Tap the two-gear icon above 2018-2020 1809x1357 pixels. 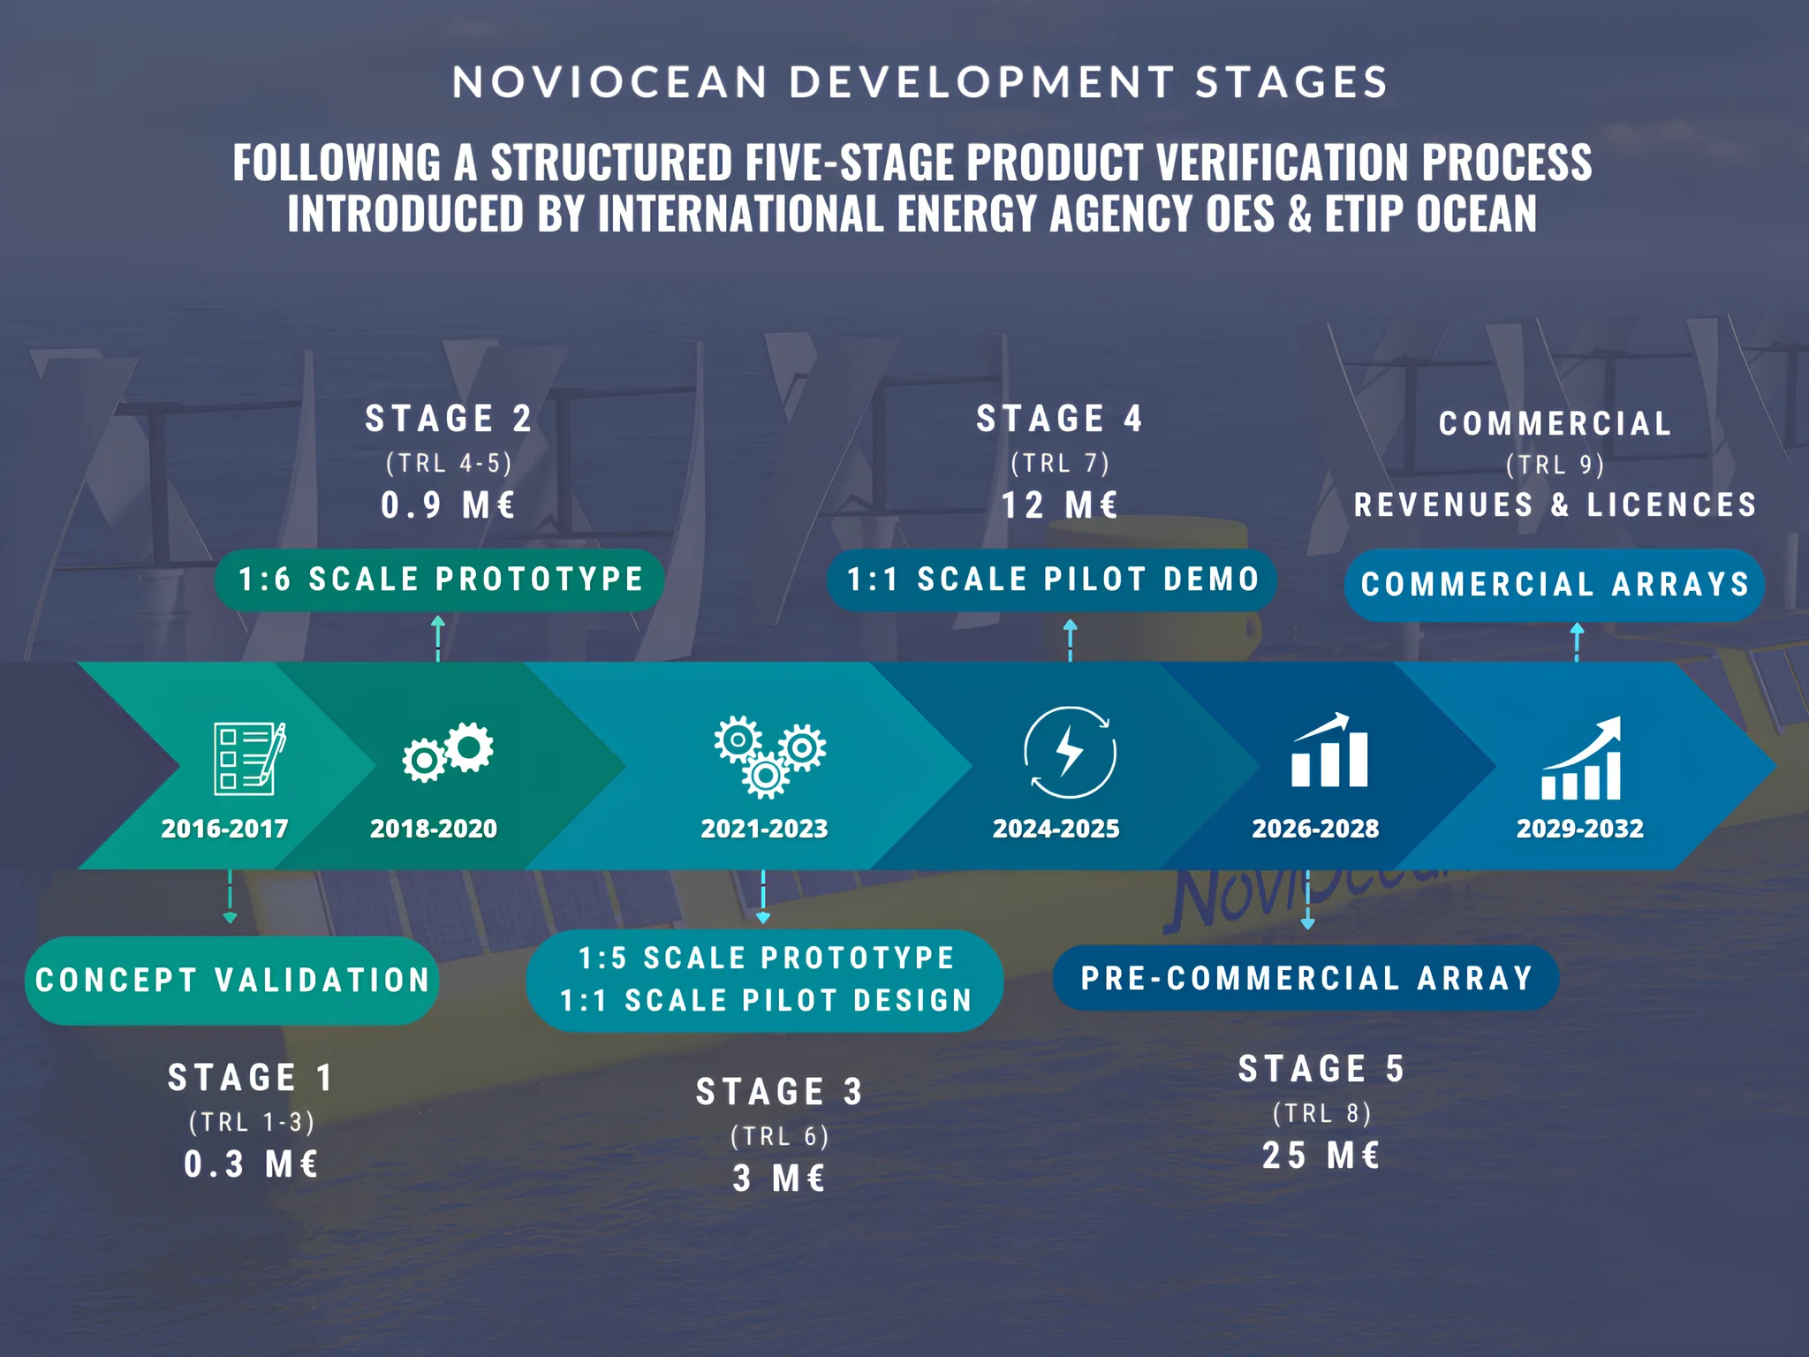click(x=448, y=752)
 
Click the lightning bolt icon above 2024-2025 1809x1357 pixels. click(x=1070, y=753)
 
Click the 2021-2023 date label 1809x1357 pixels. click(x=764, y=829)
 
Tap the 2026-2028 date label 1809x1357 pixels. click(x=1315, y=829)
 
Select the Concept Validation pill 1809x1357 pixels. click(x=232, y=980)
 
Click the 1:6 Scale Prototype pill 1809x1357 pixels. click(x=440, y=580)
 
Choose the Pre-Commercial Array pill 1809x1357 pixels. click(x=1306, y=978)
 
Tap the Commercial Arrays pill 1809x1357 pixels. click(x=1555, y=585)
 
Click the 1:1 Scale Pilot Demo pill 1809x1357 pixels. click(x=1052, y=580)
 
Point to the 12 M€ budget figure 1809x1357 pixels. click(x=1059, y=505)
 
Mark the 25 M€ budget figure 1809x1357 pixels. click(x=1321, y=1156)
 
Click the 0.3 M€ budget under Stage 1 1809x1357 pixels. click(x=251, y=1164)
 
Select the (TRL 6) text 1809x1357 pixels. click(x=779, y=1136)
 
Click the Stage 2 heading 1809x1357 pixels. click(x=449, y=419)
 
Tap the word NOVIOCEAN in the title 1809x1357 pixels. click(x=610, y=83)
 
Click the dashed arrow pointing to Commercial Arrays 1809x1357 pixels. click(x=1577, y=642)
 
